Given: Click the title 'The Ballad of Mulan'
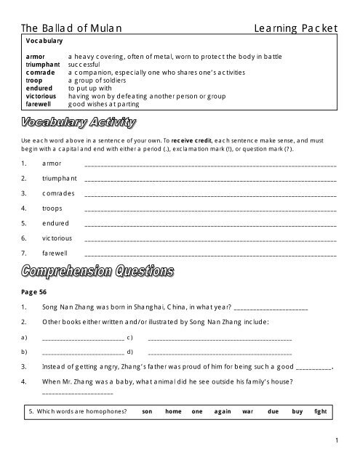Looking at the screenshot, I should tap(71, 28).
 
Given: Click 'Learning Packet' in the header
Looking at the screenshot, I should tap(294, 28).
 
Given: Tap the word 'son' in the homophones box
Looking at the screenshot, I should tap(146, 411).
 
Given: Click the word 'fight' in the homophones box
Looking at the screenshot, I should tap(321, 411).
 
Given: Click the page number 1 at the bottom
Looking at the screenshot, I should tap(339, 440).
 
